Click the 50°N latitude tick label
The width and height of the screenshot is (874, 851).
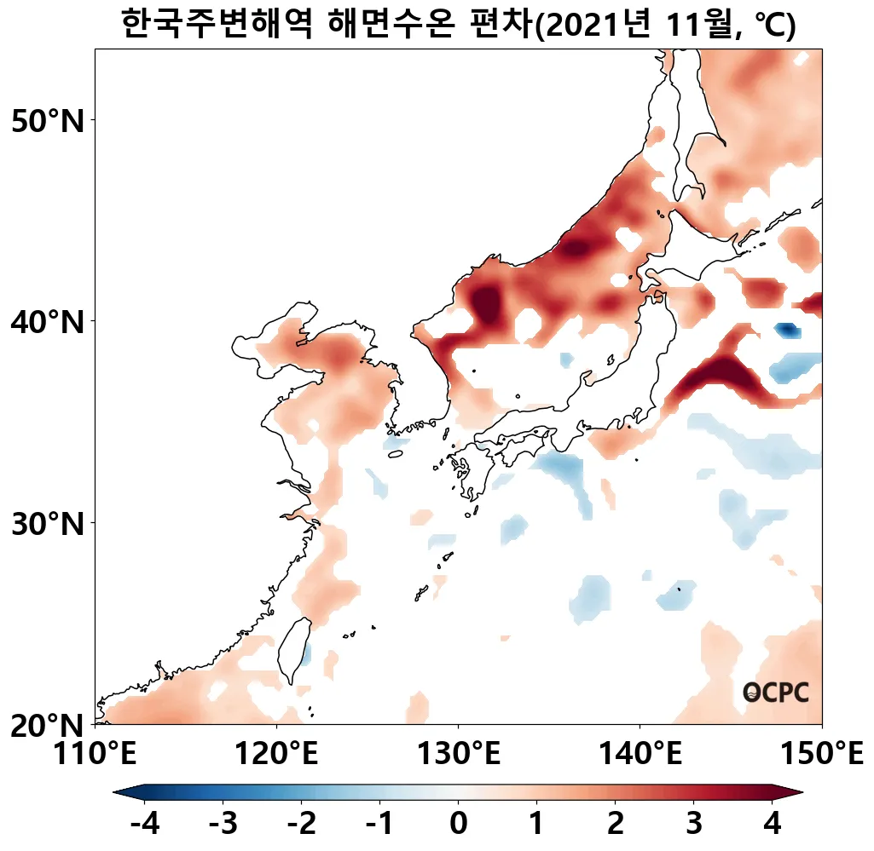49,121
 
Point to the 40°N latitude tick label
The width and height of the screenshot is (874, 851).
49,323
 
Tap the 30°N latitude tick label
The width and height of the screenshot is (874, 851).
49,523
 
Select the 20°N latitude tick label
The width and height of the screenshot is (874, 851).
49,726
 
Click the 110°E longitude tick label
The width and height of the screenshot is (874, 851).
95,754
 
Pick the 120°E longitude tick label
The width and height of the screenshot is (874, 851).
277,754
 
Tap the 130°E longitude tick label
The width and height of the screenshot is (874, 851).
459,754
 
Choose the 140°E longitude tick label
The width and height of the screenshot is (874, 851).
640,754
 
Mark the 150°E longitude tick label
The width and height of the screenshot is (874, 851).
822,754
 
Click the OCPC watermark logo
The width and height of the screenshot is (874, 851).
775,693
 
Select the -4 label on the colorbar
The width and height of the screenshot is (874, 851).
142,824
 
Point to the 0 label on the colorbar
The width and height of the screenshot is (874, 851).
458,824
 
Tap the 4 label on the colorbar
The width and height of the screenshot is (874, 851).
773,824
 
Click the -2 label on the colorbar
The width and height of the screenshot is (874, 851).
301,824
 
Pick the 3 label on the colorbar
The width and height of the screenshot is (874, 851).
693,824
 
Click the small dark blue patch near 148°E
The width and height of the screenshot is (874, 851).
786,330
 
